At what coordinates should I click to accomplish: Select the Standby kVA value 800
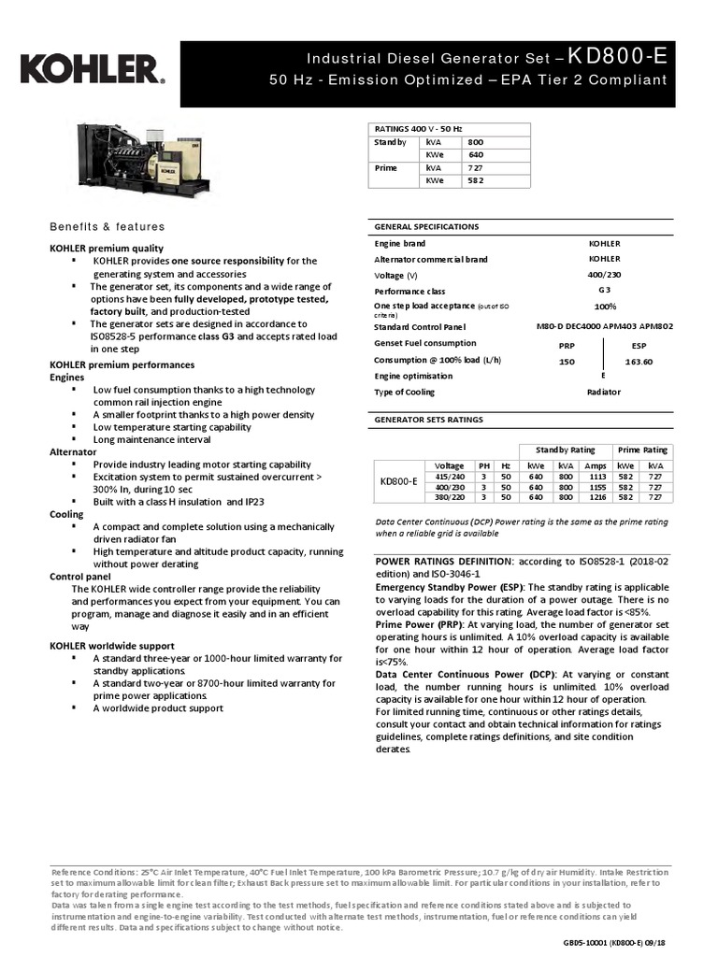[476, 141]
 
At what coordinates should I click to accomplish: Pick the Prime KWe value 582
[476, 180]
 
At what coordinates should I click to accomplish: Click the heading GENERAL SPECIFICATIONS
[426, 226]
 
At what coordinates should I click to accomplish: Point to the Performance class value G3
[605, 291]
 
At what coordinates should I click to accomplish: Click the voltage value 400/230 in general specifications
[605, 275]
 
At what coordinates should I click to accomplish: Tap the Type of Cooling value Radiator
[605, 392]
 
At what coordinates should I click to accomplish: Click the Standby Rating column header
[565, 450]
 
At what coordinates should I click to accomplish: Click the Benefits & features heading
[107, 227]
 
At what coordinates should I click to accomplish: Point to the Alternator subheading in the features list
[73, 451]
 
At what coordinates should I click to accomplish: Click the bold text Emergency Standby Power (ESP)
[449, 586]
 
